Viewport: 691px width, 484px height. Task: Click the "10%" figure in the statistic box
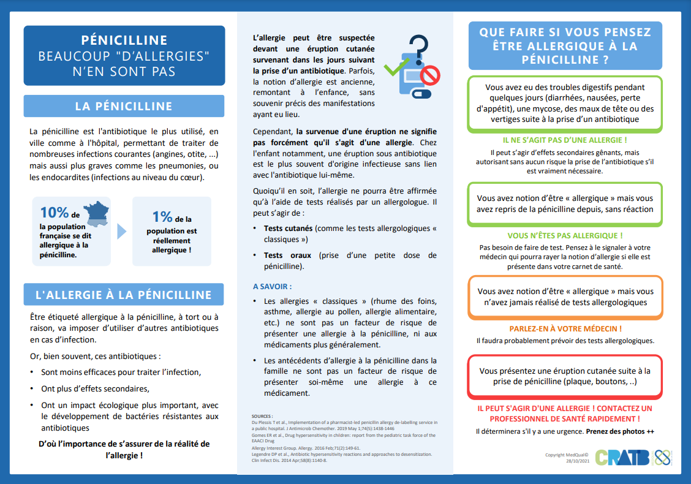tap(55, 213)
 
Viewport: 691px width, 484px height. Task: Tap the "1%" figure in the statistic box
tap(162, 216)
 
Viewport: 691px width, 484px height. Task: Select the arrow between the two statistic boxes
tap(121, 231)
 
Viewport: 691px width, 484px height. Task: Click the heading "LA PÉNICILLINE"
tap(124, 106)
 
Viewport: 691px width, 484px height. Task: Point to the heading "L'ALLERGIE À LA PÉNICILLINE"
tap(124, 295)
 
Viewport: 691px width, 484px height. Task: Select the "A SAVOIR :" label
tap(273, 286)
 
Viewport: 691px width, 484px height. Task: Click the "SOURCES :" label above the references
tap(262, 416)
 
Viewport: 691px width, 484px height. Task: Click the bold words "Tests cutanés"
tap(288, 228)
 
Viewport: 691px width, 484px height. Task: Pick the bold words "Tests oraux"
tap(287, 255)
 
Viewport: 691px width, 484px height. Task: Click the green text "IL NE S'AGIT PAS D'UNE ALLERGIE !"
tap(565, 140)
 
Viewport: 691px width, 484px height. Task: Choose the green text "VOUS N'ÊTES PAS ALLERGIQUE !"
tap(565, 235)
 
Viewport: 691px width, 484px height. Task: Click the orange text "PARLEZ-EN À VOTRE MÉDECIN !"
tap(565, 329)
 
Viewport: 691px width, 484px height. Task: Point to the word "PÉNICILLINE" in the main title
tap(124, 40)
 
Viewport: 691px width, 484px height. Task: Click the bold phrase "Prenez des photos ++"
tap(620, 431)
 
